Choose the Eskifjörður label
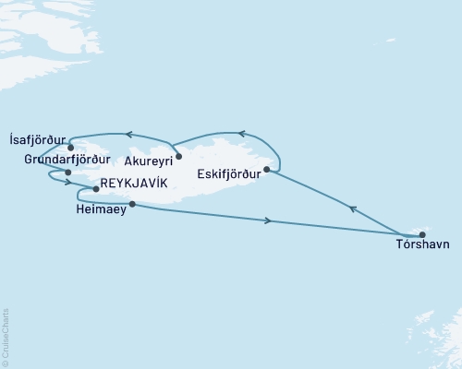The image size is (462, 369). [227, 172]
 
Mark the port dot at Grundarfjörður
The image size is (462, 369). [67, 172]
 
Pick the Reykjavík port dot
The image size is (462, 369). [96, 189]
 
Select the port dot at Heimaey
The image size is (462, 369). [133, 204]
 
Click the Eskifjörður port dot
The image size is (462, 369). [266, 169]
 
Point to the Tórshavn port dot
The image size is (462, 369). [421, 234]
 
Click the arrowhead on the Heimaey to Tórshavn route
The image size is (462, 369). [268, 220]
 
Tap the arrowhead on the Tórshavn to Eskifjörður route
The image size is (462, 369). [351, 209]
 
